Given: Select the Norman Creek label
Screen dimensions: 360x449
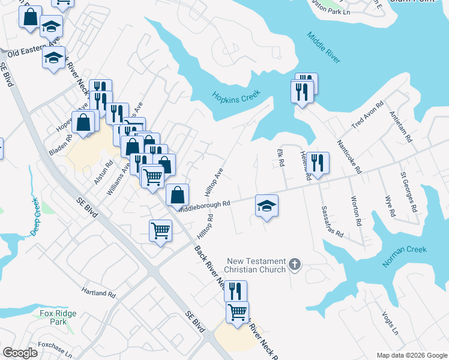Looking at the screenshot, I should (x=404, y=256).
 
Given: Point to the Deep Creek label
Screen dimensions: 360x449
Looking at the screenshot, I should (x=34, y=217).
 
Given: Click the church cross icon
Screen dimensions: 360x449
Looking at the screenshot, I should (x=295, y=263).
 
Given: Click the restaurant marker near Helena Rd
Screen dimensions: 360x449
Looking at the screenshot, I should (x=319, y=163).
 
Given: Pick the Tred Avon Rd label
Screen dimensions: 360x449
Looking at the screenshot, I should (x=366, y=113).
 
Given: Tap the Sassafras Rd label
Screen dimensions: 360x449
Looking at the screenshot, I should (x=332, y=221).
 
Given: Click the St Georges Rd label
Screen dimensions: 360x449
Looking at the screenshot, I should (x=408, y=193).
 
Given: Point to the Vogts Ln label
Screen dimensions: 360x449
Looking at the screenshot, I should (x=390, y=323).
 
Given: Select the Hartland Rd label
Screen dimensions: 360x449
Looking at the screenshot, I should (x=98, y=292).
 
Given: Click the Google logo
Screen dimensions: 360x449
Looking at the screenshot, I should (x=20, y=353).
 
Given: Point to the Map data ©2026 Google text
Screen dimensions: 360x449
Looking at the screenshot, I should (x=411, y=355).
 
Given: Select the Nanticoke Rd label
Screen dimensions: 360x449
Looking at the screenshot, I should (x=349, y=157).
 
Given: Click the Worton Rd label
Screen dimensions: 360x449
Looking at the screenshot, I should (x=355, y=211).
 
